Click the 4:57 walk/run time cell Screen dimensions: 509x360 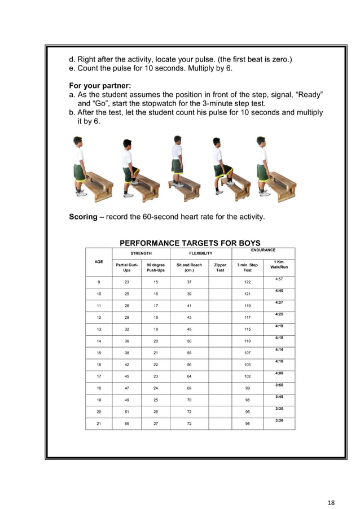click(279, 279)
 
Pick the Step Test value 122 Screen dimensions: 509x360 click(247, 282)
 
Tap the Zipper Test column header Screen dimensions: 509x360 click(220, 267)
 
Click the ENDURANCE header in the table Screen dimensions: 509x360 click(263, 249)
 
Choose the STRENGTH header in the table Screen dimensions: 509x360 click(141, 254)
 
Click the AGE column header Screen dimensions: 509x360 click(99, 262)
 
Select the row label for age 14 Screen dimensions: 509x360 click(99, 341)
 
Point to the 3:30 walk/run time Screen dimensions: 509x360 click(279, 420)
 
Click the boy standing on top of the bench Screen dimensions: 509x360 click(178, 161)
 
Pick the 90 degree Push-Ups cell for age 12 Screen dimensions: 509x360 click(155, 317)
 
